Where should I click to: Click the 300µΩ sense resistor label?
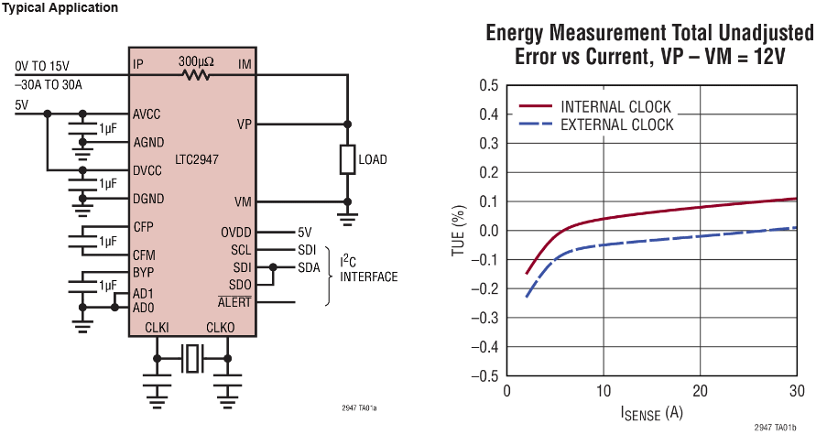(x=195, y=61)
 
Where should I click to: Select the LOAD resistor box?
(x=347, y=159)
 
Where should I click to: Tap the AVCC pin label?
(x=147, y=115)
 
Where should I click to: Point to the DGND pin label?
(x=148, y=199)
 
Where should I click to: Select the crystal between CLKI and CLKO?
(x=191, y=358)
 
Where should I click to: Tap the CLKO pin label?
(x=220, y=327)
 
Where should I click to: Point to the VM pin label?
(x=244, y=202)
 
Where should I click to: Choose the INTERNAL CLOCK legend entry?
(x=615, y=106)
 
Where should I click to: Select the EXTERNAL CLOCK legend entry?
(x=616, y=125)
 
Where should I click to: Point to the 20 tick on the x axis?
(x=701, y=391)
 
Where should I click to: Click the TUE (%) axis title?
(x=459, y=230)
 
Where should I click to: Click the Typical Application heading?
(x=60, y=8)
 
